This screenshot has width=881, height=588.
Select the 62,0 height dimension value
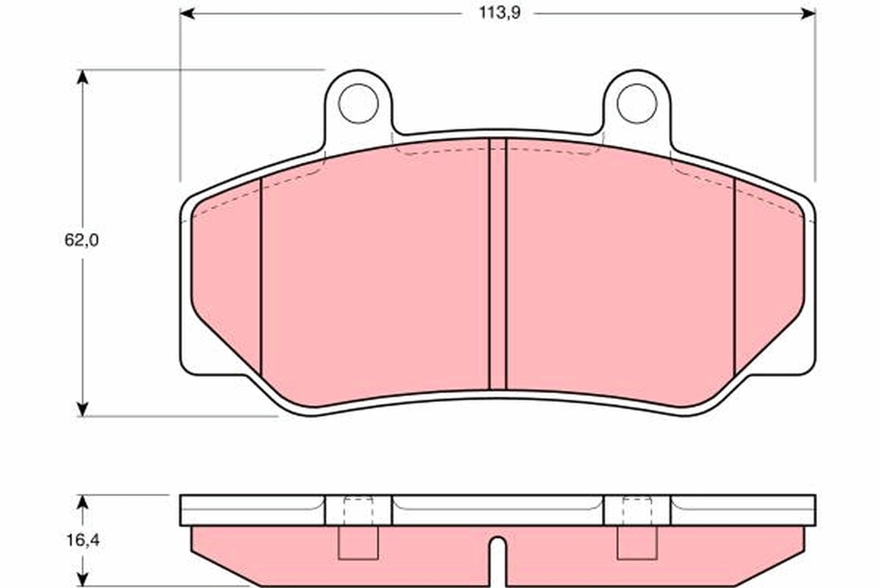click(81, 240)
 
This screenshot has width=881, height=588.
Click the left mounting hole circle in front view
click(358, 104)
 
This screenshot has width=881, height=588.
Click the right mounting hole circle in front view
click(637, 104)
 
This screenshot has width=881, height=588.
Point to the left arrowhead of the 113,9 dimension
click(188, 13)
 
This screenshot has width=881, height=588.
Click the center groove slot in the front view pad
click(498, 265)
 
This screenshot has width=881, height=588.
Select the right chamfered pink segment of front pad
click(767, 279)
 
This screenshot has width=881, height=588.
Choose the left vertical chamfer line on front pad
click(261, 276)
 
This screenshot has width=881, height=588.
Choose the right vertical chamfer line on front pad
click(735, 276)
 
